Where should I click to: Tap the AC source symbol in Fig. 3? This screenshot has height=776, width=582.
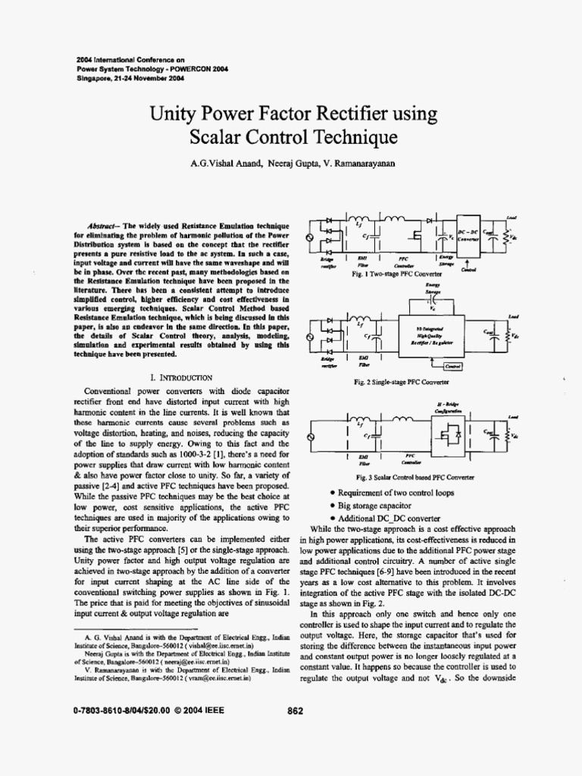coord(308,438)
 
